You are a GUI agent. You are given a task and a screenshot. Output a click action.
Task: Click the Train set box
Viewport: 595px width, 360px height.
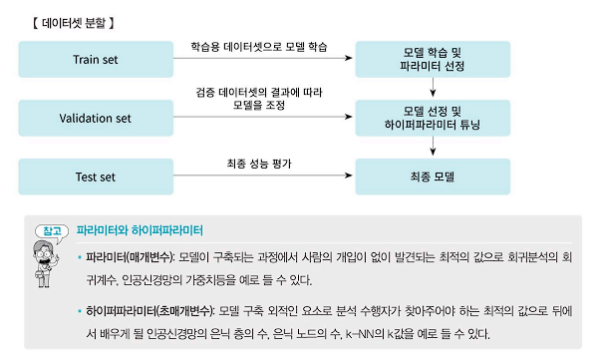tap(96, 60)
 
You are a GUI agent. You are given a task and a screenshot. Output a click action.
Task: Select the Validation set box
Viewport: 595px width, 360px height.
tap(96, 118)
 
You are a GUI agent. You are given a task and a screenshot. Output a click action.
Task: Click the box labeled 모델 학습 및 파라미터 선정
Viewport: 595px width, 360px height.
tap(432, 60)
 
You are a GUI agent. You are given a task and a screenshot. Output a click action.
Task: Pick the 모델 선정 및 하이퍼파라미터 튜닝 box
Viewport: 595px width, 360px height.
tap(432, 118)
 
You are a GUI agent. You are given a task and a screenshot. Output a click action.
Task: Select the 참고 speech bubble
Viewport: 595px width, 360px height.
tap(49, 230)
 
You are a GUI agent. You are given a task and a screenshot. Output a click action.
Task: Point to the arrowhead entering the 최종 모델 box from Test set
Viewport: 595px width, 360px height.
tap(357, 178)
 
